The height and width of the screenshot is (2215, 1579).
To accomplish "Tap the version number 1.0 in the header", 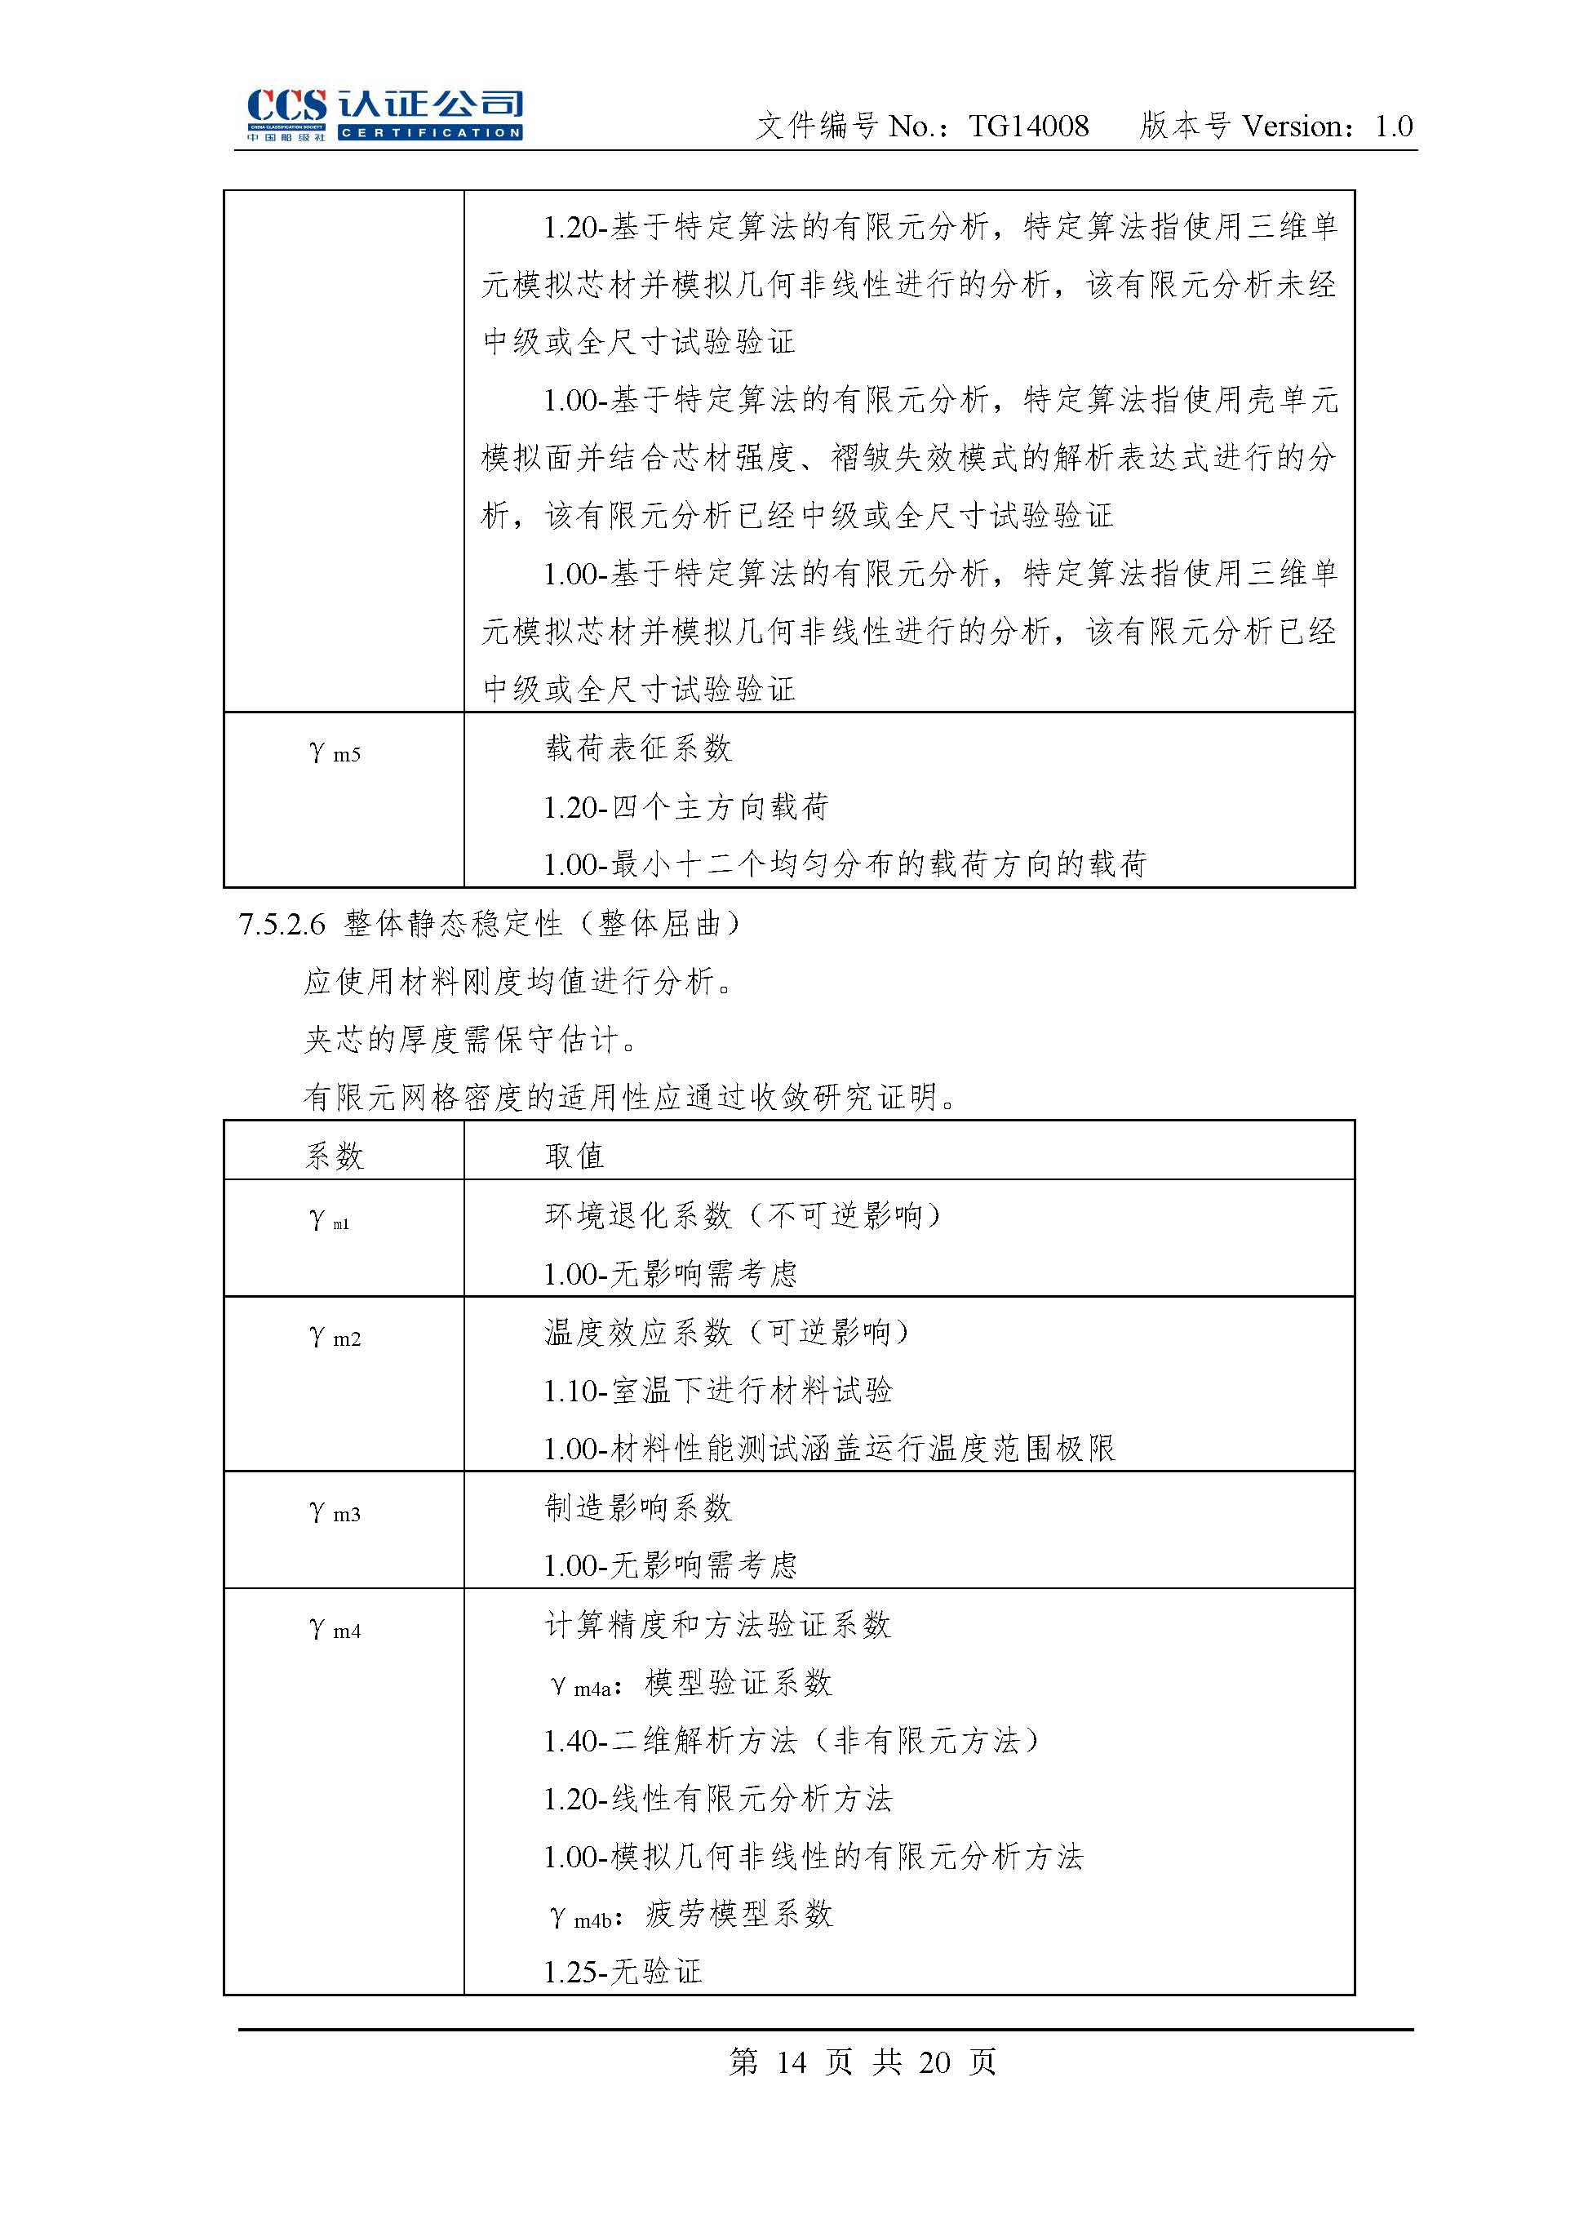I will pos(1393,127).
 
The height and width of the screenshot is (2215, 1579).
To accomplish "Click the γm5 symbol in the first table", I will pos(335,752).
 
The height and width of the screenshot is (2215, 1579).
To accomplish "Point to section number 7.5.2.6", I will pos(282,924).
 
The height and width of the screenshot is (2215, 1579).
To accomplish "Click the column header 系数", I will pos(335,1156).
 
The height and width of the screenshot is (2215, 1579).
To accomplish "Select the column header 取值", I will pos(574,1156).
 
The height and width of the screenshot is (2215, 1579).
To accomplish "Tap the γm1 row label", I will pos(329,1220).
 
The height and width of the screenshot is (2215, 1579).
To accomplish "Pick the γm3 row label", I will pos(335,1513).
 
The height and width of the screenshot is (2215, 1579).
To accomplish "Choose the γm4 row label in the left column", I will pos(335,1630).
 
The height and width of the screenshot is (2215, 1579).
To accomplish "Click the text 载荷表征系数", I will pos(638,748).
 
